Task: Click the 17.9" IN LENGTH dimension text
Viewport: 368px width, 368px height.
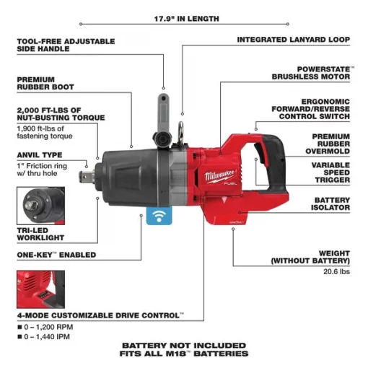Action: coord(186,18)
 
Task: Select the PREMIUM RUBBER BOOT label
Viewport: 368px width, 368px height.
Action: coord(43,85)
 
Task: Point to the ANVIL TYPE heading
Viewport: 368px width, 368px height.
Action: coord(40,154)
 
